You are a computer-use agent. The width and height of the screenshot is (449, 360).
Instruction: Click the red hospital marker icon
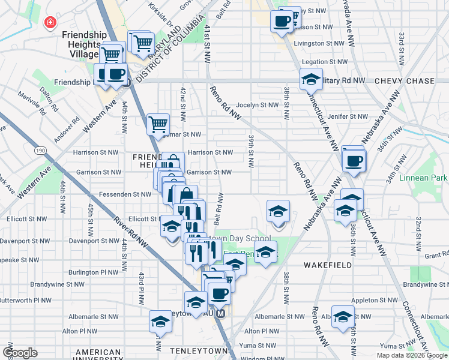tap(50, 23)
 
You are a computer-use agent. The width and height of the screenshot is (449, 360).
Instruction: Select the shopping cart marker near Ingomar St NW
tap(158, 124)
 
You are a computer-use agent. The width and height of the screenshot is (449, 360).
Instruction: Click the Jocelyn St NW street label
tap(258, 104)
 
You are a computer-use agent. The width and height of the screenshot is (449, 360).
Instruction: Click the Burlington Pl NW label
tap(94, 272)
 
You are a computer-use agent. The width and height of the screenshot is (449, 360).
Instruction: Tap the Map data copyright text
tap(412, 355)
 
